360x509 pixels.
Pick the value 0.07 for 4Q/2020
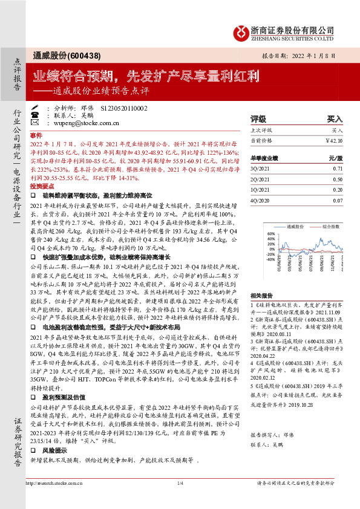(x=337, y=216)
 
